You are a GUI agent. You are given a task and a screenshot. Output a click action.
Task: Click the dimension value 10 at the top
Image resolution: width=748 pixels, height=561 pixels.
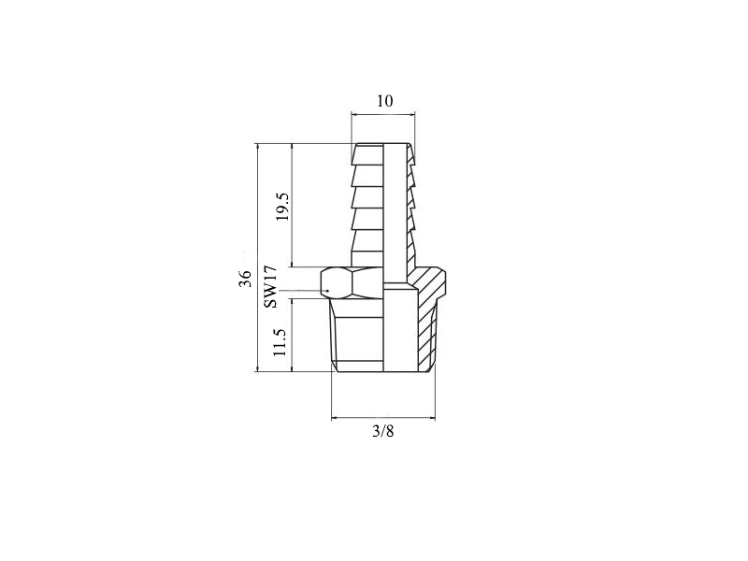point(385,101)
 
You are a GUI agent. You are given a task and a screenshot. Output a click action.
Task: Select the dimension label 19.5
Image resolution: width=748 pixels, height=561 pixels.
point(283,206)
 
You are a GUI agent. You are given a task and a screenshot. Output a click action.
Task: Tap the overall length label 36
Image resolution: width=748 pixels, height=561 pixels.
point(245,279)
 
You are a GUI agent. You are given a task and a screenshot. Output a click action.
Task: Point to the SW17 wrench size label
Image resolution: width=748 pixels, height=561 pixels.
point(270,287)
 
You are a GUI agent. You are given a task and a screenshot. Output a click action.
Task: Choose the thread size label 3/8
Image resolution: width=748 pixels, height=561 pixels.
point(383,431)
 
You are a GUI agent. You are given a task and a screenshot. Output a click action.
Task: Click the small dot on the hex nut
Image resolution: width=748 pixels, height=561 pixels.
point(328,291)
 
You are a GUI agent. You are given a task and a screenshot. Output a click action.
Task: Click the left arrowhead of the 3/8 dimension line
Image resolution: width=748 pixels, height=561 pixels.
point(335,418)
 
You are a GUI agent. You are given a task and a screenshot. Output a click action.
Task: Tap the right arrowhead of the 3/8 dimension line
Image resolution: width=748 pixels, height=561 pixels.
point(432,418)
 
